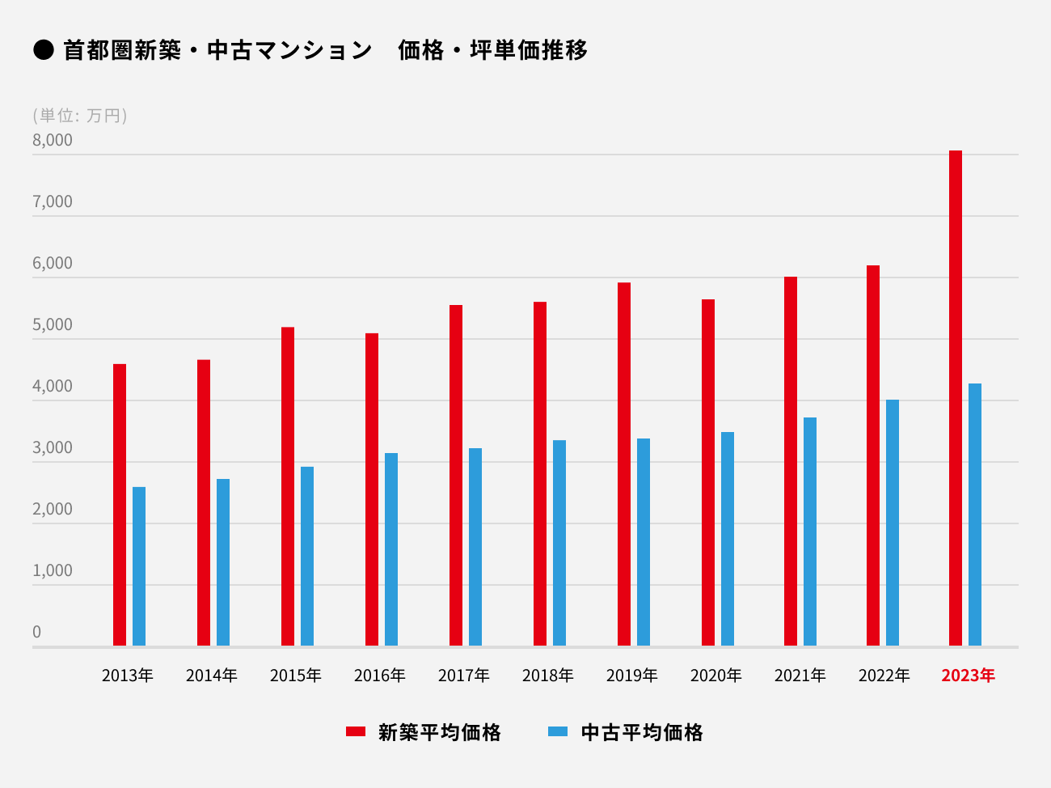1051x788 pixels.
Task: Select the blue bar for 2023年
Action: (x=974, y=515)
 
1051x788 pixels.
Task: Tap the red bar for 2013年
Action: (x=120, y=505)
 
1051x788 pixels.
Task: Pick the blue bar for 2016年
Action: (x=391, y=549)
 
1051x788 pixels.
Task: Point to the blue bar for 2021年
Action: (x=810, y=532)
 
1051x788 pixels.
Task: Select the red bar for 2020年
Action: (x=708, y=472)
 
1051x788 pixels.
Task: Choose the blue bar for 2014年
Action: (x=223, y=562)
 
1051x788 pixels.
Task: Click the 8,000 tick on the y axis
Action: (x=53, y=140)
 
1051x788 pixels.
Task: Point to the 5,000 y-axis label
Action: (x=53, y=324)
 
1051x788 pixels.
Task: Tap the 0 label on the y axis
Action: (x=36, y=632)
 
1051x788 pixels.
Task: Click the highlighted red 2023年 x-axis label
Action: (x=968, y=676)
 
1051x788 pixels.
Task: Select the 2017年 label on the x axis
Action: (x=463, y=676)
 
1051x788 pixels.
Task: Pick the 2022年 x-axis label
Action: (x=884, y=676)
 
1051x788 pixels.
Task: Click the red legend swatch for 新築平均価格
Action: (x=356, y=731)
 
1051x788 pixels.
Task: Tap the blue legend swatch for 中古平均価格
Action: (x=558, y=731)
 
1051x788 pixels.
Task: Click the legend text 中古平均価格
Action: (x=642, y=732)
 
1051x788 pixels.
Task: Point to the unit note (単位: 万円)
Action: (x=80, y=116)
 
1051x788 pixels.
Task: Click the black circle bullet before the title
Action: (x=43, y=50)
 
